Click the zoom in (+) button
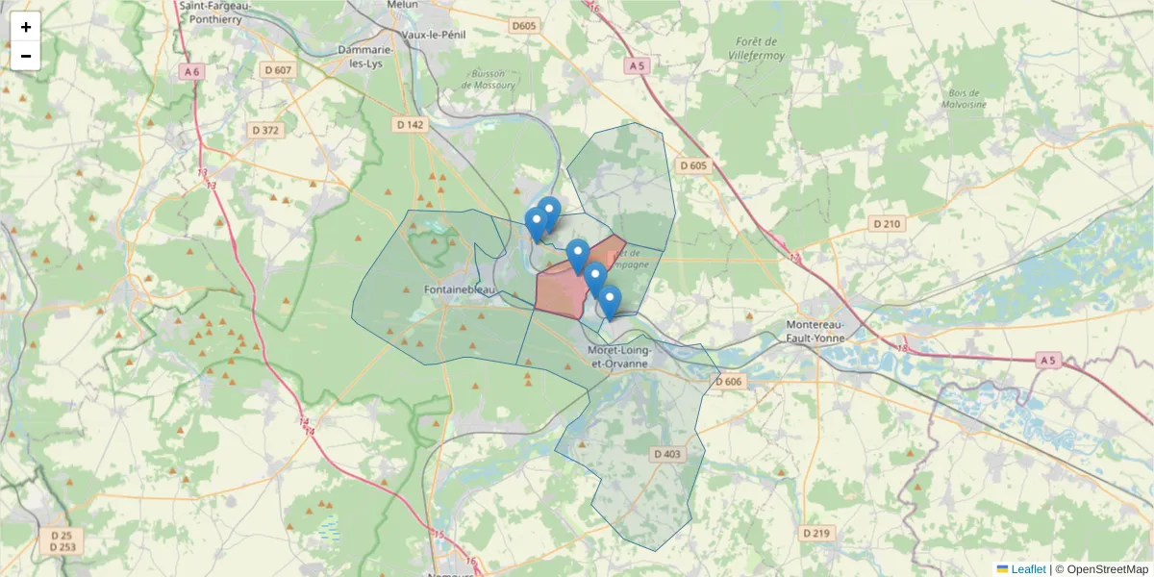tap(26, 27)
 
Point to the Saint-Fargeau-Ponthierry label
tap(217, 12)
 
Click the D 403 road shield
tap(666, 454)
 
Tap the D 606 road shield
tap(730, 382)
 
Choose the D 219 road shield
tap(815, 532)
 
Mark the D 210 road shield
tap(888, 224)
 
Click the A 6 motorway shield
tap(192, 71)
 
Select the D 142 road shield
tap(409, 125)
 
